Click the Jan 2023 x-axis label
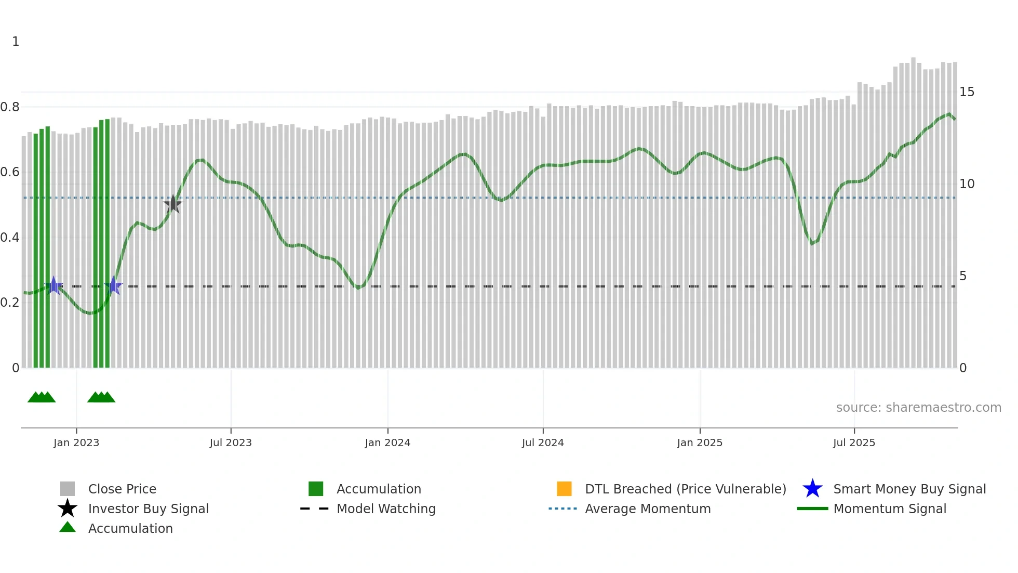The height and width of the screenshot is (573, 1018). coord(76,442)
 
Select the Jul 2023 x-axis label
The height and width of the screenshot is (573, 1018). coord(231,442)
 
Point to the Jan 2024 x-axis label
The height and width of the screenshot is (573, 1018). coord(387,442)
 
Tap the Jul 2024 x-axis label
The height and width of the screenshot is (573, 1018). coord(543,442)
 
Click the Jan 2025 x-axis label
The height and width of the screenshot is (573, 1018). coord(700,442)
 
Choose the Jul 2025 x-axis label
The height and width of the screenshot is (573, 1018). coord(854,442)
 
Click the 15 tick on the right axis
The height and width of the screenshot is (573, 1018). coord(967,92)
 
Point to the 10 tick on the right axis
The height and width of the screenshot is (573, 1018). coord(967,184)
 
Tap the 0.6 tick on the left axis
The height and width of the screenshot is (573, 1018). coord(10,172)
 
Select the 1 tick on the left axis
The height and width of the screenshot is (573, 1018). coord(16,42)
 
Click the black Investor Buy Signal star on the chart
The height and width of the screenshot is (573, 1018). coord(173,204)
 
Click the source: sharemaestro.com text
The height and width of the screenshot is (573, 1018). coord(918,408)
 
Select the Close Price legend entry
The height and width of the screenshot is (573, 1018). coord(122,489)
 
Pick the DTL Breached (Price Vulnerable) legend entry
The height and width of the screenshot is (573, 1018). coord(685,489)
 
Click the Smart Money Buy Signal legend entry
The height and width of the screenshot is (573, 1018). coord(909,489)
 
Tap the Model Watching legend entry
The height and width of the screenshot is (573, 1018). coord(386,509)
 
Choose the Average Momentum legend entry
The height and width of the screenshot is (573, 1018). coord(648,509)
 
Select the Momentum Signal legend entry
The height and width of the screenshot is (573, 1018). coord(890,509)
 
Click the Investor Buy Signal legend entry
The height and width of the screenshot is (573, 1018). coord(148,509)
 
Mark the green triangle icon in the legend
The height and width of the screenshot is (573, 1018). coord(68,527)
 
